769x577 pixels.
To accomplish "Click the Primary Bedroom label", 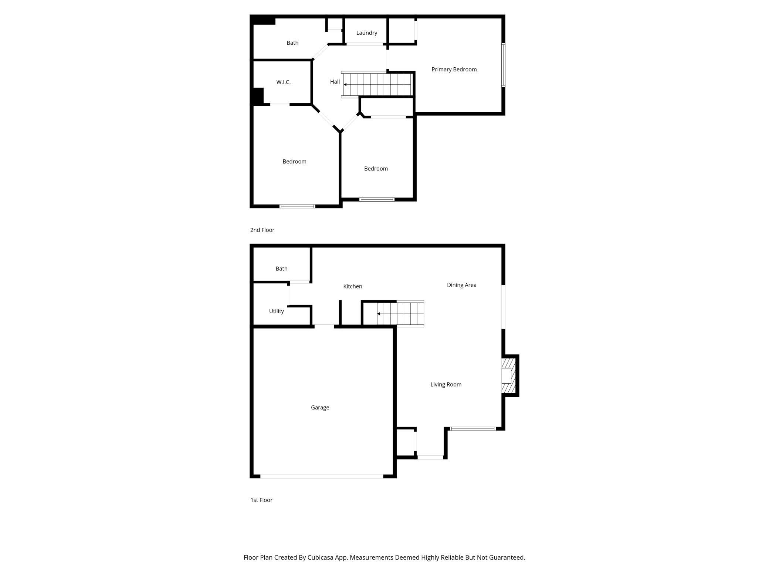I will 454,70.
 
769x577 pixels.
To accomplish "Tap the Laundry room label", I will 366,33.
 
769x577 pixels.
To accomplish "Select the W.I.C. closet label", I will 283,82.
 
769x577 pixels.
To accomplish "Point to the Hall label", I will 335,82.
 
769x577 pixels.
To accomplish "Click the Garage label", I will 320,408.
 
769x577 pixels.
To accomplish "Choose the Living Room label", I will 446,385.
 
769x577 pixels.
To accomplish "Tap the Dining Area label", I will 461,285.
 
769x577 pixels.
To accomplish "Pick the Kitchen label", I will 352,286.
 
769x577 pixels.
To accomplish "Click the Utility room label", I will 276,311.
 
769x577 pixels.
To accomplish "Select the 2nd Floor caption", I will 262,230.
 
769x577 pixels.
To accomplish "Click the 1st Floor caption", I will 261,500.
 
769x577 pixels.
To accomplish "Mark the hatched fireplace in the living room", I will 508,376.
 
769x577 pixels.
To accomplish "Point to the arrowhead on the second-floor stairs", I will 345,85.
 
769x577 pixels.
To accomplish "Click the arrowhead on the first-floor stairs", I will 379,314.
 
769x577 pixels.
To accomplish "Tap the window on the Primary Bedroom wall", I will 503,65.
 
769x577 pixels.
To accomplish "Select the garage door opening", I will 322,476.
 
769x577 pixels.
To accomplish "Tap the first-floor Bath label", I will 281,269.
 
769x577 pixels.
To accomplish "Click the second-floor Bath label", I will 292,43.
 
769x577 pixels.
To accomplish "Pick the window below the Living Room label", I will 472,429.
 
